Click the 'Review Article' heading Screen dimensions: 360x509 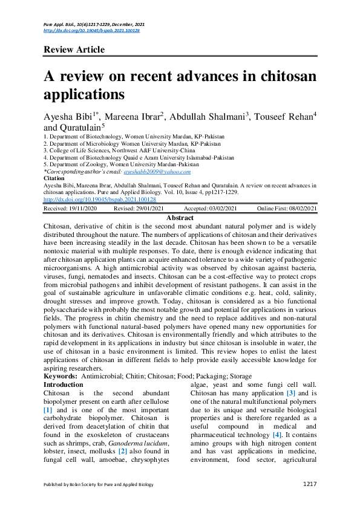[74, 50]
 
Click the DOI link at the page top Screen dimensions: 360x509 [91, 30]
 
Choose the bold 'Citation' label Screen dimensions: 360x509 [55, 178]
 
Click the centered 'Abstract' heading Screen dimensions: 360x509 [180, 218]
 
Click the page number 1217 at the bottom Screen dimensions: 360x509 [309, 484]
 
